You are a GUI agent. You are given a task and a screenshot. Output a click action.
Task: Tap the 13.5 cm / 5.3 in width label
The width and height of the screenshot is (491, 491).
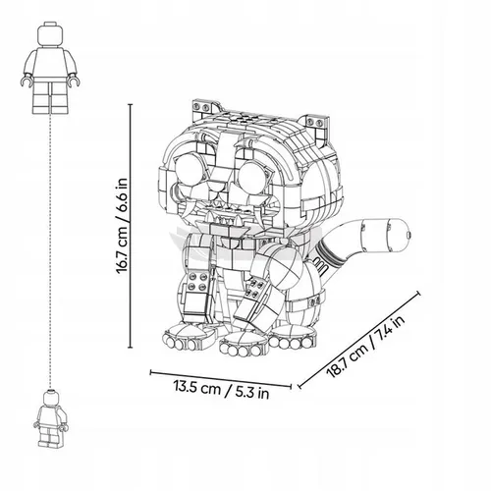[221, 389]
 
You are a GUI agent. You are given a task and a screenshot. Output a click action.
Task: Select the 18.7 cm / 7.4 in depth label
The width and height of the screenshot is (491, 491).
[365, 347]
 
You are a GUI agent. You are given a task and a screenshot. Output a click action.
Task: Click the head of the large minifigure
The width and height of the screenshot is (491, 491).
[50, 33]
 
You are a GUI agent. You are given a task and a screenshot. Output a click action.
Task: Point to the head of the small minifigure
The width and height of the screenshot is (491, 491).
[51, 398]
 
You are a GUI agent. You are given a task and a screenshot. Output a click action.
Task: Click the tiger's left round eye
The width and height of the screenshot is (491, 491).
[191, 170]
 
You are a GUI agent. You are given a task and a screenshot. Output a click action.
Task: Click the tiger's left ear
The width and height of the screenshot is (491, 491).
[205, 108]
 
